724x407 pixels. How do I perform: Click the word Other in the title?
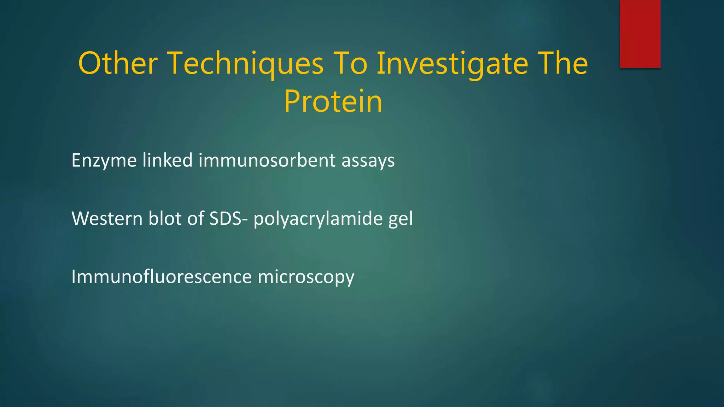point(118,64)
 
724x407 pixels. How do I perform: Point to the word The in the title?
point(562,64)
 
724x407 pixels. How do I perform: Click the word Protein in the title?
point(333,102)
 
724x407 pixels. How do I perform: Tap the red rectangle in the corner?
point(640,34)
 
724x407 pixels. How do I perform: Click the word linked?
point(167,160)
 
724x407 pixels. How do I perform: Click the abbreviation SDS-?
point(228,218)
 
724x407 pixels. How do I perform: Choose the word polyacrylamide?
point(318,219)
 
